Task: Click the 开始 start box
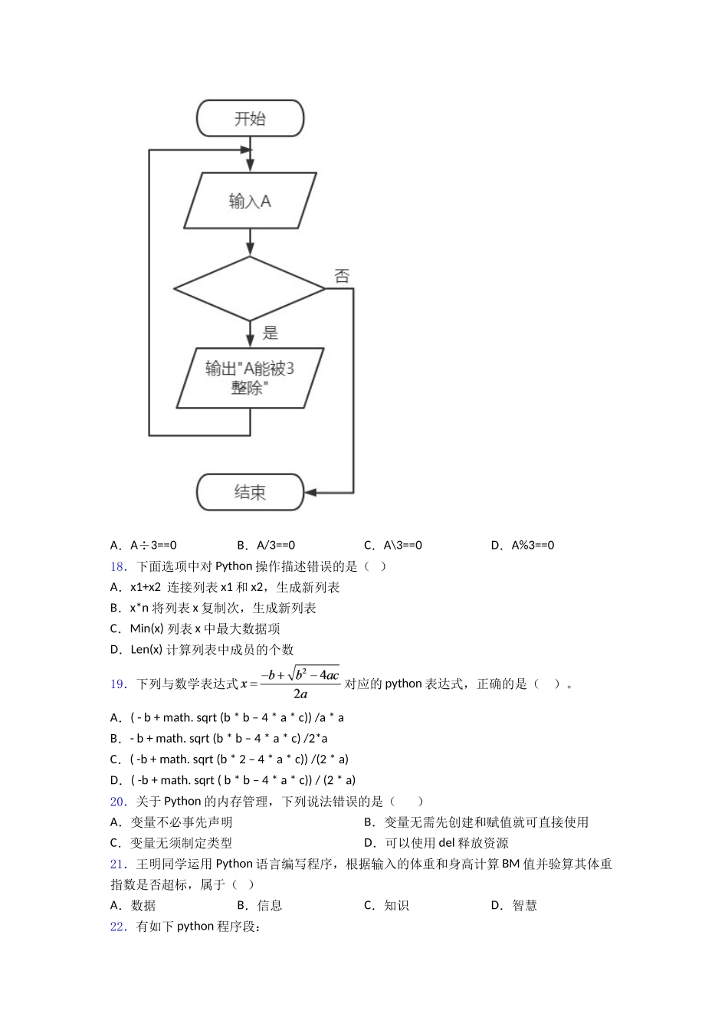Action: tap(250, 119)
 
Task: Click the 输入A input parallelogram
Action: tap(250, 201)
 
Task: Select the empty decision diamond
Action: tap(250, 289)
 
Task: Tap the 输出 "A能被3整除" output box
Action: tap(250, 378)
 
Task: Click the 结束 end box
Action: tap(250, 492)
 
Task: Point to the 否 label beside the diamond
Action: tap(342, 276)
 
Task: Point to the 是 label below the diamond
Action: tap(271, 333)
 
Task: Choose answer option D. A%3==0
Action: tap(523, 546)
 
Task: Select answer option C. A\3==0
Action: tap(393, 546)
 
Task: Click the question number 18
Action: tap(118, 566)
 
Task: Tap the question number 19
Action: tap(118, 684)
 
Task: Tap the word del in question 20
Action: tap(447, 843)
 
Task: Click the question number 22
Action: tap(118, 927)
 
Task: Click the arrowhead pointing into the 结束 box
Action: tap(311, 492)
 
